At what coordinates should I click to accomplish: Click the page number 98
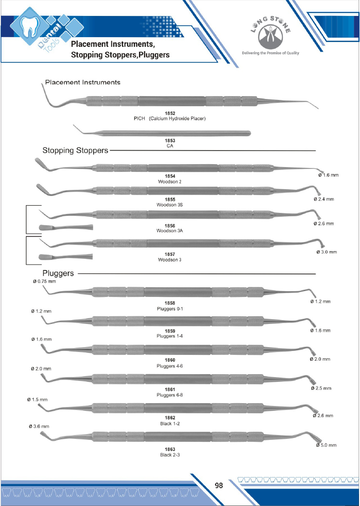(x=219, y=486)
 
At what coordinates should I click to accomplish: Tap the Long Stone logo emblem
(x=270, y=37)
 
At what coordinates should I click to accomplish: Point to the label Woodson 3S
(x=169, y=205)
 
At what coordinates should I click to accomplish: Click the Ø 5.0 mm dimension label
(x=327, y=445)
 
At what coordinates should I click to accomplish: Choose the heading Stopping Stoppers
(x=75, y=151)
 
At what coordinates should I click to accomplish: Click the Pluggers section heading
(x=58, y=273)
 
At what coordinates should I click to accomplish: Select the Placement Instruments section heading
(x=83, y=82)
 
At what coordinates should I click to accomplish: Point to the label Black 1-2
(x=169, y=423)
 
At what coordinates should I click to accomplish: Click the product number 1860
(x=169, y=360)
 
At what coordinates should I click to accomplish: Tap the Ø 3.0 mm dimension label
(x=327, y=252)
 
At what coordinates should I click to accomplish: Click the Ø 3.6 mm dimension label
(x=40, y=426)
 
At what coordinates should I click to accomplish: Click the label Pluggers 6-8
(x=169, y=395)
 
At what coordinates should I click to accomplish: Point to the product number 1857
(x=169, y=254)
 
